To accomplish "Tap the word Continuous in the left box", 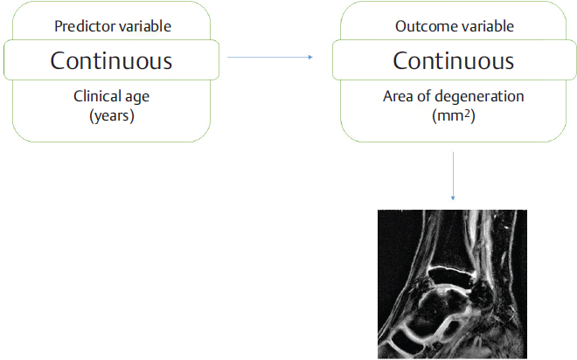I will [x=111, y=61].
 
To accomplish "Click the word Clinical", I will [x=98, y=96].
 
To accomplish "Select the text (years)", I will [x=111, y=114].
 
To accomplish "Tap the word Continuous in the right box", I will [x=453, y=61].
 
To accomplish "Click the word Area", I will [x=400, y=96].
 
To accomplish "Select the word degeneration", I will [x=480, y=97].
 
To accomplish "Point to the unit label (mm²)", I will [x=453, y=114].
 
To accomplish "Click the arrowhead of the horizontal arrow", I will [x=309, y=58].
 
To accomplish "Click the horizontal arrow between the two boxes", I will [x=267, y=58].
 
